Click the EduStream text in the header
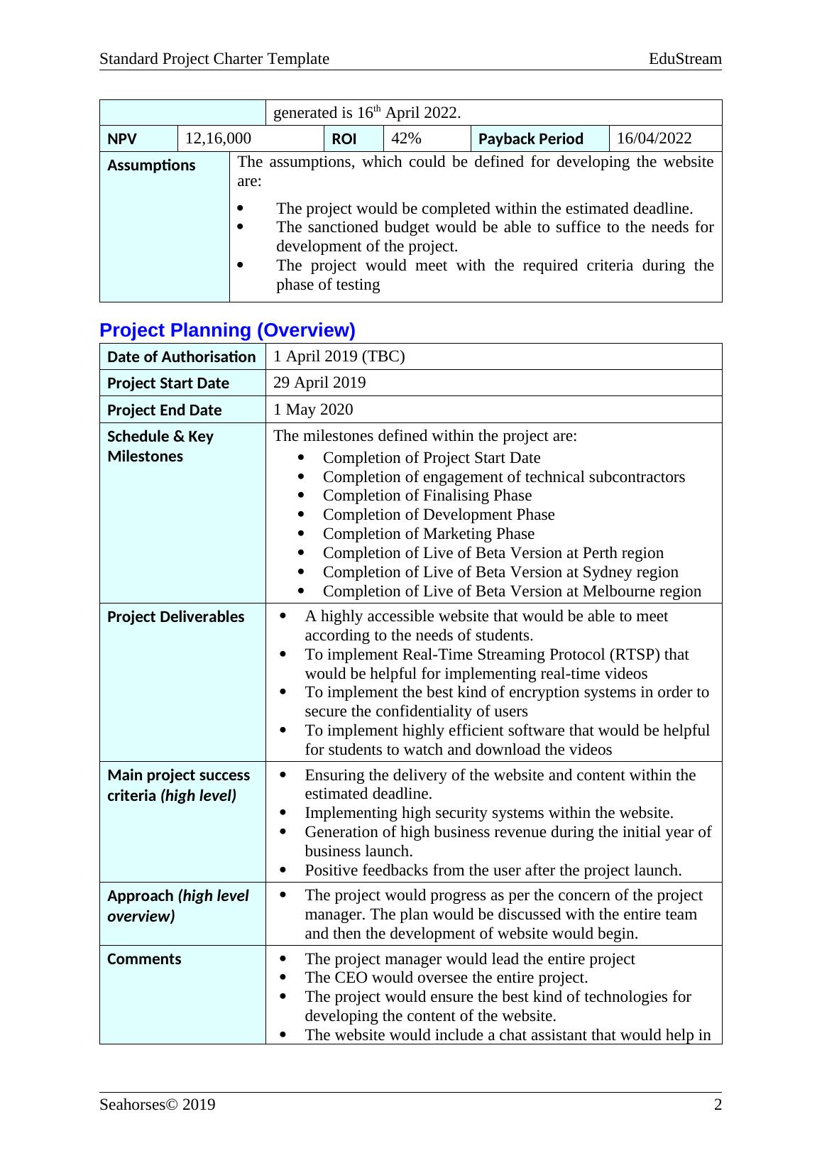(x=685, y=59)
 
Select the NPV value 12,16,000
(x=218, y=138)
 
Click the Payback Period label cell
(x=531, y=139)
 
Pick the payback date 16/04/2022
(x=654, y=138)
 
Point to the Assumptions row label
(x=151, y=165)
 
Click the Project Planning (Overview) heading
(x=227, y=330)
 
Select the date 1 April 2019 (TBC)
(x=339, y=356)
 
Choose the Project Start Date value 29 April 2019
(x=319, y=383)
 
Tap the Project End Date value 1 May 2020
(x=313, y=410)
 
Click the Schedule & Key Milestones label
(x=160, y=446)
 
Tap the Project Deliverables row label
(x=175, y=617)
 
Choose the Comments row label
(x=144, y=959)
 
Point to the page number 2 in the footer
(x=718, y=1105)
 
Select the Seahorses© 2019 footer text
(x=158, y=1105)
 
